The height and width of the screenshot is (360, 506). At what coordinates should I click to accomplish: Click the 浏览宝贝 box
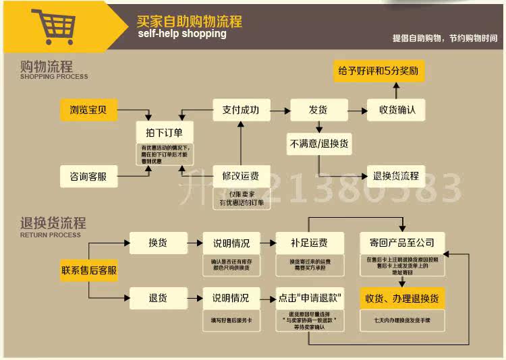[88, 109]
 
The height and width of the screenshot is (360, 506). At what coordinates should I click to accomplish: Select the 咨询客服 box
[88, 177]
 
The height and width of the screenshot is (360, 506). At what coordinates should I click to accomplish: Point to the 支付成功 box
[241, 109]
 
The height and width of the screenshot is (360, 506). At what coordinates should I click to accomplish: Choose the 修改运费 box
[241, 177]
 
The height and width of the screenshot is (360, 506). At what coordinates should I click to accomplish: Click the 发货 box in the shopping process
[318, 109]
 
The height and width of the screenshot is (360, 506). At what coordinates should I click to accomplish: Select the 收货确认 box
[396, 109]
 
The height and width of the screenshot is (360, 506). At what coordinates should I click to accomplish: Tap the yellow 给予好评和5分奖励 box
[380, 71]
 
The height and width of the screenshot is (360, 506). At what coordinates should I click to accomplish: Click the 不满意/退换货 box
[319, 143]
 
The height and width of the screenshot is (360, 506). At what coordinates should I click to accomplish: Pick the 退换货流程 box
[396, 177]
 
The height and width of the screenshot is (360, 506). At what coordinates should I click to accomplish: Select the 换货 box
[158, 243]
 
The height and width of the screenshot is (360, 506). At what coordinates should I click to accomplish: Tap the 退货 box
[158, 297]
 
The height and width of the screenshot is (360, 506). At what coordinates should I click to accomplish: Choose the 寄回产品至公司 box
[402, 243]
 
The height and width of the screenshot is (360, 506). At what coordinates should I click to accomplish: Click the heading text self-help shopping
[181, 34]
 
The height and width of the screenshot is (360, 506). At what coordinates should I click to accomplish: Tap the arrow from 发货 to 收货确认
[357, 109]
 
